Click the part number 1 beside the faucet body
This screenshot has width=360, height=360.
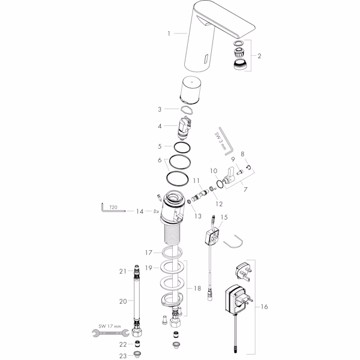(169, 34)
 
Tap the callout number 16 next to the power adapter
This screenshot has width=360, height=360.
(264, 307)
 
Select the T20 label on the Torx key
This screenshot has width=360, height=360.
(113, 207)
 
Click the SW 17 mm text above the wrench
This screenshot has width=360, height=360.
(110, 326)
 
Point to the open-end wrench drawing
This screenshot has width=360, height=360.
(110, 333)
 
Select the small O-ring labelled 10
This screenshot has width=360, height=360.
(220, 184)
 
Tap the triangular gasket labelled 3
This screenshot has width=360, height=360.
(187, 110)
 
